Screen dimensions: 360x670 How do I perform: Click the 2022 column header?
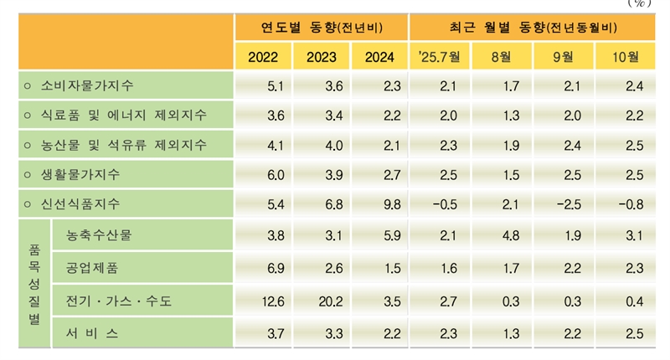[264, 57]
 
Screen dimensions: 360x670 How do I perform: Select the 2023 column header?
[322, 57]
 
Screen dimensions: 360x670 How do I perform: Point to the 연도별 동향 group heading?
[321, 28]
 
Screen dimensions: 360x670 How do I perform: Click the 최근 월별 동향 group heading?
[532, 28]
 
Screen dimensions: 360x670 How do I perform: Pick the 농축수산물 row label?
[99, 235]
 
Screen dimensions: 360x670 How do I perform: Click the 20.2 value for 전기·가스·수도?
[322, 301]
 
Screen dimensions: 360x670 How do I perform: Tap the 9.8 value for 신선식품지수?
[379, 204]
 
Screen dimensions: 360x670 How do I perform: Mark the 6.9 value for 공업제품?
[264, 268]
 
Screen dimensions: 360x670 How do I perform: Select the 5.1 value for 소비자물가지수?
[264, 85]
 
